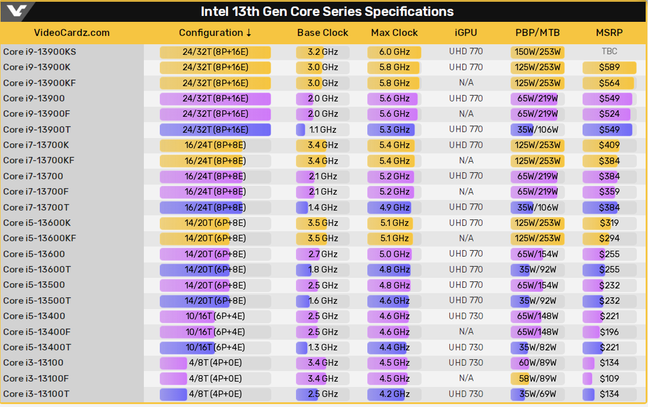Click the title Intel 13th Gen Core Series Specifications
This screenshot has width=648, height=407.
point(327,12)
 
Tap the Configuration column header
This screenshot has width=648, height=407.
point(215,33)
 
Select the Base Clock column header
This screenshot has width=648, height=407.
point(323,33)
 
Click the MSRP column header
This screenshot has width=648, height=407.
point(609,33)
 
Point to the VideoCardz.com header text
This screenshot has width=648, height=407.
point(72,33)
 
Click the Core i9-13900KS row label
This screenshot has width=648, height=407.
point(40,52)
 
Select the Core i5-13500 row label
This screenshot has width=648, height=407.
point(34,285)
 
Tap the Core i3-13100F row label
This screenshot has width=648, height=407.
point(36,378)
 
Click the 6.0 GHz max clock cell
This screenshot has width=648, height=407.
point(394,52)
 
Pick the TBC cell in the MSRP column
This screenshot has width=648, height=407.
point(609,52)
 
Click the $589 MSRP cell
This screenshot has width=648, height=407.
point(609,67)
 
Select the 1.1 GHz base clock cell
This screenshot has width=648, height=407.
point(323,130)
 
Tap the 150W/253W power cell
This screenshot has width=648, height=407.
point(537,52)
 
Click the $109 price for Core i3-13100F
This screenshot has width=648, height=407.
point(609,378)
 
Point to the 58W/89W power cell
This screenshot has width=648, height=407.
point(537,378)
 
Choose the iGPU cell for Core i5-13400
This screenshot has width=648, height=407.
point(466,316)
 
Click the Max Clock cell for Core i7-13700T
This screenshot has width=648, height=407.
point(394,207)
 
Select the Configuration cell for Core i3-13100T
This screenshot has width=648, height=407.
point(215,394)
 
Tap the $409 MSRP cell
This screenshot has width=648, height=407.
point(609,145)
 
